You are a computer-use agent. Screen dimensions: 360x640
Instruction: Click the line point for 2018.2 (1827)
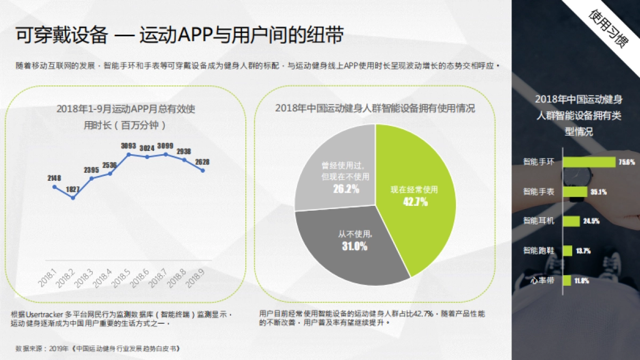pyautogui.click(x=73, y=198)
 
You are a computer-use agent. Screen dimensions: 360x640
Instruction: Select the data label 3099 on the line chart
pyautogui.click(x=165, y=146)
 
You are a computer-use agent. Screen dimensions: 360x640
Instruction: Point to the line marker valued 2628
pyautogui.click(x=203, y=171)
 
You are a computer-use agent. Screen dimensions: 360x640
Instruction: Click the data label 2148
pyautogui.click(x=54, y=178)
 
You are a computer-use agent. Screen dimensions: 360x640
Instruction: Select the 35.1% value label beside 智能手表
pyautogui.click(x=598, y=191)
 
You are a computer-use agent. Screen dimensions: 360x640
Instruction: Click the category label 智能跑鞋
pyautogui.click(x=539, y=250)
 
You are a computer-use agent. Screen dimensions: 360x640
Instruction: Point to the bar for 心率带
pyautogui.click(x=565, y=280)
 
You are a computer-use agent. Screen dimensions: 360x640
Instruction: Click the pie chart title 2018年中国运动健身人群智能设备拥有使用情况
pyautogui.click(x=375, y=108)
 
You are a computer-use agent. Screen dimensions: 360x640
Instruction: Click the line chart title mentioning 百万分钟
pyautogui.click(x=126, y=117)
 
